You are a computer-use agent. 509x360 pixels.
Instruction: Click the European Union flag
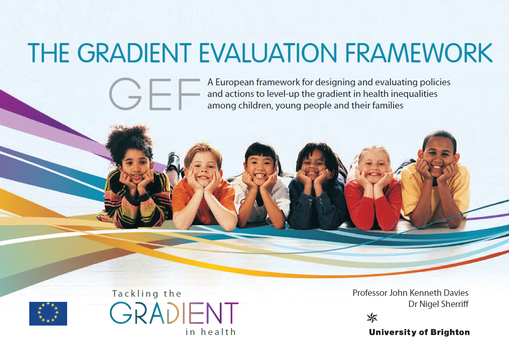[48, 313]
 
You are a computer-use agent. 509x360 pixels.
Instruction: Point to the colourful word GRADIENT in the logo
[174, 313]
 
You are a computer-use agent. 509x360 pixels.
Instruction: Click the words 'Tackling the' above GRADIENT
[147, 294]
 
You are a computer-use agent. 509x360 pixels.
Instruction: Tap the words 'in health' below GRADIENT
[211, 332]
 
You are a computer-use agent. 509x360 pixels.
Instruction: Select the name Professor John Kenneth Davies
[410, 293]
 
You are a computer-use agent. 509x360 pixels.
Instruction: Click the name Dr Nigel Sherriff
[438, 304]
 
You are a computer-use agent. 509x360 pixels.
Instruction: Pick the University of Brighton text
[419, 332]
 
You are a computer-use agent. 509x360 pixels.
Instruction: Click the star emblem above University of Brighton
[371, 318]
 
